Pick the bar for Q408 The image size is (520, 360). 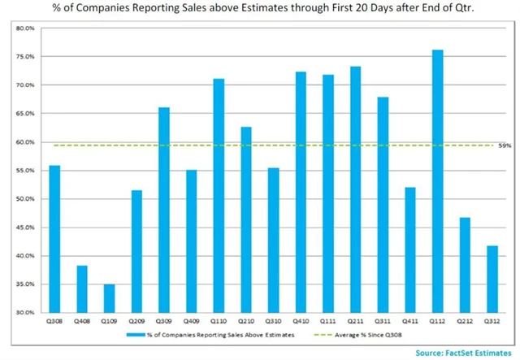click(81, 288)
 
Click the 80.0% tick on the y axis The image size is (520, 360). click(24, 28)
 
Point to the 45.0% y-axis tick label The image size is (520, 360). click(24, 228)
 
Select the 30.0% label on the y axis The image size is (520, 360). click(24, 313)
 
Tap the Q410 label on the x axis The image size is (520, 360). click(300, 321)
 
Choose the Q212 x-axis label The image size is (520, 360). click(465, 321)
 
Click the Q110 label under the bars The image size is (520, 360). click(218, 321)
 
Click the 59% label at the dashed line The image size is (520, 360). click(504, 145)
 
